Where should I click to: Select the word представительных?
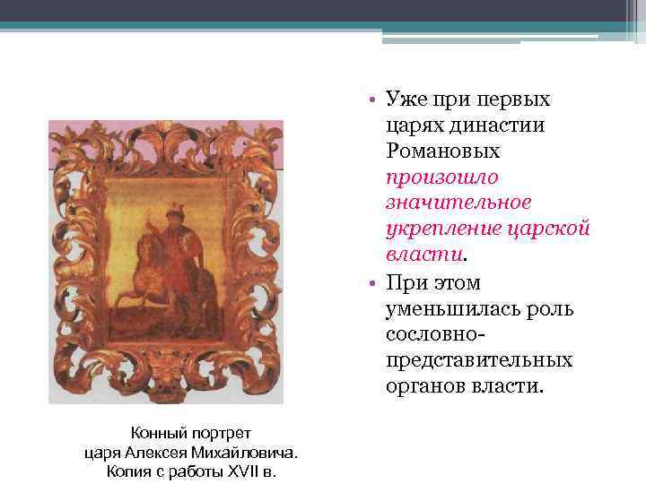pyautogui.click(x=477, y=360)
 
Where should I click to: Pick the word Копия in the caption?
pyautogui.click(x=127, y=471)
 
